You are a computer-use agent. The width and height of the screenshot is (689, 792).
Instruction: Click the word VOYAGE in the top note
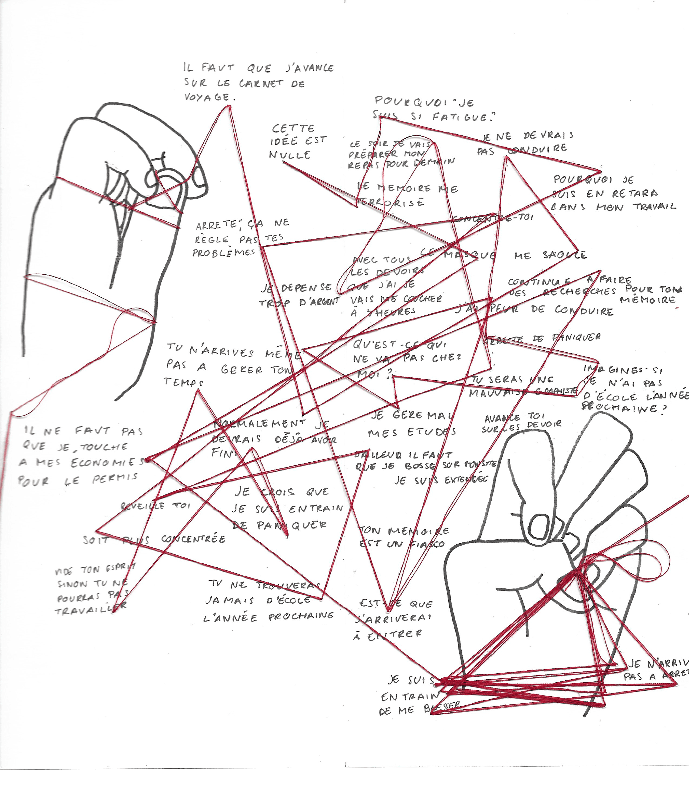tap(207, 97)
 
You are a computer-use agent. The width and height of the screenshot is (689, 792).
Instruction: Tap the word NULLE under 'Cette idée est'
tap(290, 155)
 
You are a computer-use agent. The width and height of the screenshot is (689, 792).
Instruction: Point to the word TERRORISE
tap(390, 202)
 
